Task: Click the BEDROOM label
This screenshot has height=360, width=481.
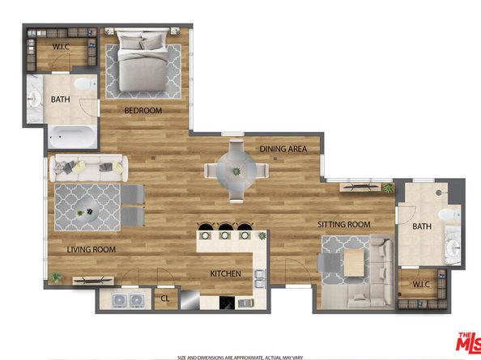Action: coord(143,110)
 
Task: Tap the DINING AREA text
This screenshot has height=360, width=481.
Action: coord(283,149)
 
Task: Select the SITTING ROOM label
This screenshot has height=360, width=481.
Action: coord(344,225)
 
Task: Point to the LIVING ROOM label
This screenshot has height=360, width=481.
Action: coord(92,250)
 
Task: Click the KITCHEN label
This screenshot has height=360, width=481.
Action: coord(225,273)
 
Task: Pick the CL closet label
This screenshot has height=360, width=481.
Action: coord(165,298)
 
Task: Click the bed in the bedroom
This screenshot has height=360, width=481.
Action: coord(143,60)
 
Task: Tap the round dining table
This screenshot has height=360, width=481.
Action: coord(236,172)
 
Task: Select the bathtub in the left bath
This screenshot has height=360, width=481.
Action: coord(72,137)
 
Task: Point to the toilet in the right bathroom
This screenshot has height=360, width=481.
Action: coord(449,215)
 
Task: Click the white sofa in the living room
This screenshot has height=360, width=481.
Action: coord(88,168)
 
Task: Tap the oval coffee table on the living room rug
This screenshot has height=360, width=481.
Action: coord(87,210)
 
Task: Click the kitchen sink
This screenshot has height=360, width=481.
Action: coord(259,279)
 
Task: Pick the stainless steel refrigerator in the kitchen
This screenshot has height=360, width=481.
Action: coord(189,299)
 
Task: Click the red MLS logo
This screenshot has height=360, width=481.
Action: coord(468,343)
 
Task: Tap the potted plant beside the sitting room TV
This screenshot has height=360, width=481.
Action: coord(389,188)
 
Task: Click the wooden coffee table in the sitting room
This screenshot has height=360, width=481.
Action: coord(354,262)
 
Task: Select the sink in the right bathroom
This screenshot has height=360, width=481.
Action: coord(453,245)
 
